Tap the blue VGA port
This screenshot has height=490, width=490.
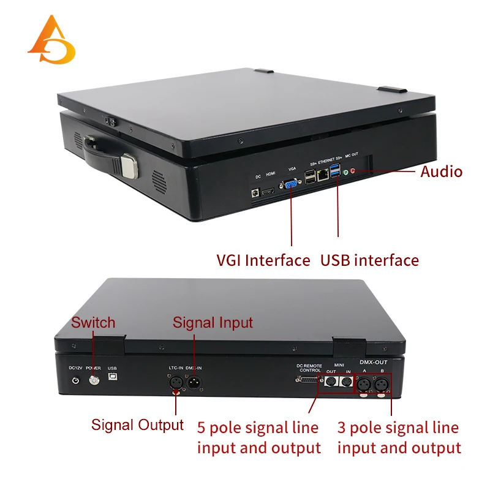(x=291, y=184)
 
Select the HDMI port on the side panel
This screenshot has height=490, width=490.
(x=268, y=192)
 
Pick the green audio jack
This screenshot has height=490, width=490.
(x=345, y=173)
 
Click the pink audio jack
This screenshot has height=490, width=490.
(x=353, y=171)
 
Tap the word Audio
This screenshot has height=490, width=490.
(x=441, y=171)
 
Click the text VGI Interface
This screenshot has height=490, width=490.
(x=263, y=260)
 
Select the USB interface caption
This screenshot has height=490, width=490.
(x=370, y=260)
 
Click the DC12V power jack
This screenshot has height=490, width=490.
(x=76, y=380)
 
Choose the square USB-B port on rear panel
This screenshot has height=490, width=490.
(x=112, y=380)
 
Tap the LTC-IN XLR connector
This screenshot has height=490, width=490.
(x=175, y=382)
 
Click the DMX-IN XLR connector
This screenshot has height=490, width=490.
(x=197, y=382)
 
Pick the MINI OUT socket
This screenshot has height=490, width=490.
(x=331, y=382)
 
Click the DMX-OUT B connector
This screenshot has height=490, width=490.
(x=382, y=383)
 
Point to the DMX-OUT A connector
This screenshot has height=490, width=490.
(x=363, y=383)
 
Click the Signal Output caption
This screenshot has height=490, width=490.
(x=137, y=424)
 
